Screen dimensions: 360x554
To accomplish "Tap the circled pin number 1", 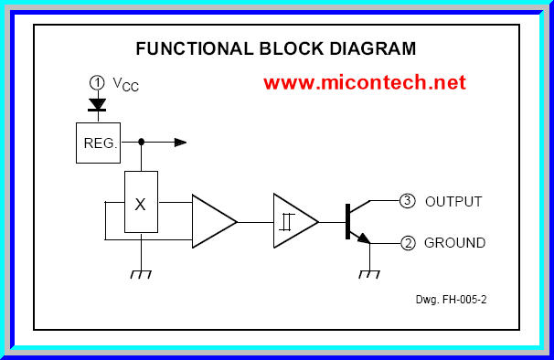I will [97, 82].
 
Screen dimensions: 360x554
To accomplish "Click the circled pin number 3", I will [408, 201].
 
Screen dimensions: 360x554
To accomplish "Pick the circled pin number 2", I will [408, 243].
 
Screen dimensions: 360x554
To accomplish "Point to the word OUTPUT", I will [453, 202].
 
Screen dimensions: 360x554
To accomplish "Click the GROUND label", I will [454, 244].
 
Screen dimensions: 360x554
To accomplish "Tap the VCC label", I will [126, 84].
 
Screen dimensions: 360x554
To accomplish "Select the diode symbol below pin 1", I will [97, 104].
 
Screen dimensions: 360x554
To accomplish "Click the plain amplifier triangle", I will [211, 221].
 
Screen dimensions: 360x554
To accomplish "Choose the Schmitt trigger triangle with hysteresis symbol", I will [293, 221].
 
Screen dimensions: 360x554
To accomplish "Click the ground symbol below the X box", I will [141, 273].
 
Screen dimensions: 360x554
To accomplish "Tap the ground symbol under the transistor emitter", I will [369, 273].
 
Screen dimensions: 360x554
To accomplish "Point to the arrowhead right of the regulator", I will [180, 142].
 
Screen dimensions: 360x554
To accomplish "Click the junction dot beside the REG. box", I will [141, 142].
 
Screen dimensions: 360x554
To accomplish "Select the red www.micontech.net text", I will [365, 82].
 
